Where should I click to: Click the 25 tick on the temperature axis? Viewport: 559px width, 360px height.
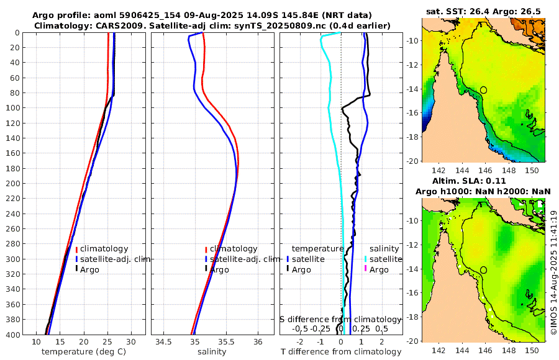pos(107,342)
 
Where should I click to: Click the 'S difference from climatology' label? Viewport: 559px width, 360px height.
pos(341,319)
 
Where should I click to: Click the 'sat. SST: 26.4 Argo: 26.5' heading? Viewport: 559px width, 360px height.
pos(483,11)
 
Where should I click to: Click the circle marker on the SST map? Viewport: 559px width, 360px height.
pos(483,90)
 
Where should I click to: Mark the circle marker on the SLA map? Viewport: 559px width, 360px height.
pos(483,270)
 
